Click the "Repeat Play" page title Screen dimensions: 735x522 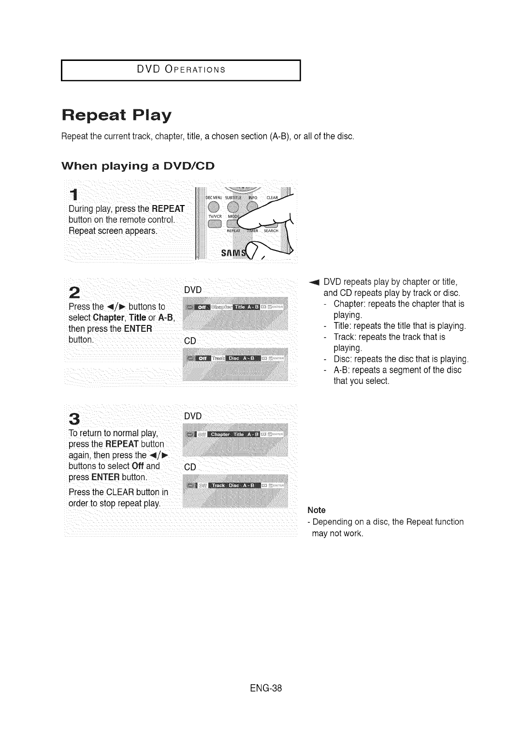pos(116,116)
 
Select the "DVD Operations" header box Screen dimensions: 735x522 pos(181,70)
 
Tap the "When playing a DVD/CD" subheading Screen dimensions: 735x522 pos(138,166)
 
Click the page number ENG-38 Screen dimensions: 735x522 pos(261,688)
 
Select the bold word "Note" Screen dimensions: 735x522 pos(317,510)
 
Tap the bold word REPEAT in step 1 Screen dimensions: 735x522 pos(168,209)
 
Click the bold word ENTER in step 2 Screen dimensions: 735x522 pos(138,329)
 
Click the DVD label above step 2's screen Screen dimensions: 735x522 pos(192,290)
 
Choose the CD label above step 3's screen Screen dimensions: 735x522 pos(190,468)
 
